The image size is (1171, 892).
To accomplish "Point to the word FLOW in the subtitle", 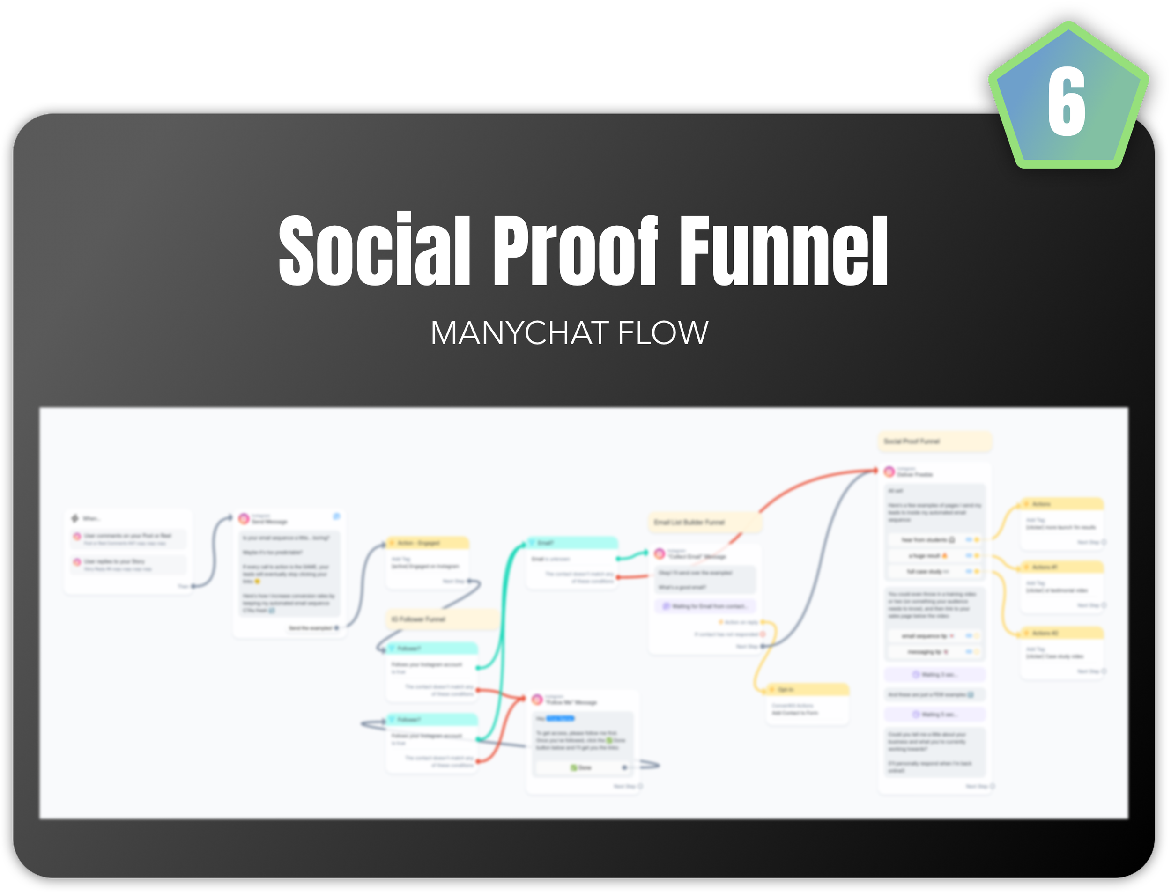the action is (x=663, y=333).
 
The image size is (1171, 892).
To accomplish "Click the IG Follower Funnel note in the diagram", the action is (x=441, y=619).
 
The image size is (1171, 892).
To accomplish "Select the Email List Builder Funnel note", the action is (x=704, y=523).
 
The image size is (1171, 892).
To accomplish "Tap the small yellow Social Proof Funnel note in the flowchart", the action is (x=934, y=441).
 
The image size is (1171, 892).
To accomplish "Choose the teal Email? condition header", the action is (x=571, y=543).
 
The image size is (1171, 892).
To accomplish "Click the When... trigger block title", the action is (x=90, y=518).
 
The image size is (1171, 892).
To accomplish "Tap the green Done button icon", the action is (x=573, y=767).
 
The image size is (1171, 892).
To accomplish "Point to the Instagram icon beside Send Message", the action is (x=244, y=519).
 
